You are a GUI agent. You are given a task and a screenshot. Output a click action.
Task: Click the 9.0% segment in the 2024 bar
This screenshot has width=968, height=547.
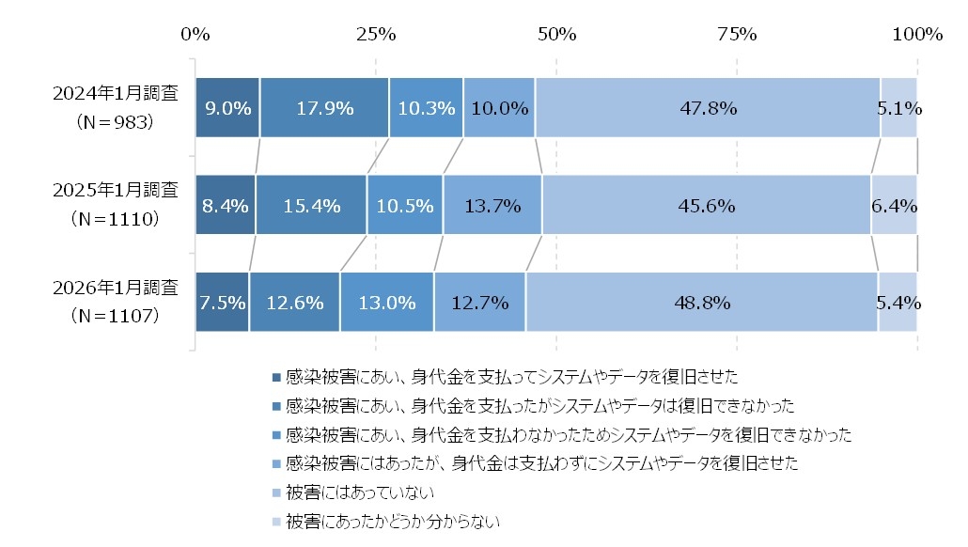pyautogui.click(x=227, y=108)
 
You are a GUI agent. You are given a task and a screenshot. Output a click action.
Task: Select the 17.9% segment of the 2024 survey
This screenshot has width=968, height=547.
pyautogui.click(x=324, y=108)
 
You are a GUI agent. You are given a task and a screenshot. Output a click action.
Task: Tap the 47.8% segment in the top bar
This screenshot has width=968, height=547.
pyautogui.click(x=707, y=108)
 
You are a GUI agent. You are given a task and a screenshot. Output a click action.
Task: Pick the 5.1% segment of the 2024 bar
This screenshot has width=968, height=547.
pyautogui.click(x=898, y=108)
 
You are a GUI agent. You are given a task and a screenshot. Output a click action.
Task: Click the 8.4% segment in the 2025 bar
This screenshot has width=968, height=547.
pyautogui.click(x=226, y=205)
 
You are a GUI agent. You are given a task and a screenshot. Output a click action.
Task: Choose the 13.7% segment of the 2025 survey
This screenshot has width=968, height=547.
pyautogui.click(x=492, y=205)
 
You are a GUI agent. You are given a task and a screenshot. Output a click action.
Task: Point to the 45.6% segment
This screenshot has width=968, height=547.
pyautogui.click(x=706, y=205)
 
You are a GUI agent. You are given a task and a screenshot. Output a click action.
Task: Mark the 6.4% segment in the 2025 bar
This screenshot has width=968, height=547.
pyautogui.click(x=894, y=205)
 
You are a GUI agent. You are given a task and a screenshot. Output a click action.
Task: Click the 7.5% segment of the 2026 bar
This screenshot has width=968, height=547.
pyautogui.click(x=222, y=303)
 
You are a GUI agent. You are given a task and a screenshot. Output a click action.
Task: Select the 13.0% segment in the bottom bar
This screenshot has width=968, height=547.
pyautogui.click(x=386, y=303)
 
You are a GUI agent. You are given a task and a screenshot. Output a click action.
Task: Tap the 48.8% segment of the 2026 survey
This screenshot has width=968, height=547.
pyautogui.click(x=701, y=303)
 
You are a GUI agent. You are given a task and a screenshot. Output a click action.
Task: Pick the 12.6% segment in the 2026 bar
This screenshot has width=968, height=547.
pyautogui.click(x=294, y=303)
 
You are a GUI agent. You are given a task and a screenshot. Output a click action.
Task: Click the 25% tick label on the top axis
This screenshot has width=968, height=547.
pyautogui.click(x=376, y=35)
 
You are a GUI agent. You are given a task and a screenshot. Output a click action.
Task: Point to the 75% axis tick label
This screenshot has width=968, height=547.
pyautogui.click(x=737, y=35)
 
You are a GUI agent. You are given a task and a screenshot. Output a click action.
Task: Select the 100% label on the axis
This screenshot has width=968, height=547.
pyautogui.click(x=916, y=35)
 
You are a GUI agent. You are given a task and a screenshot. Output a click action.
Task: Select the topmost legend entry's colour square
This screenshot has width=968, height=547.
pyautogui.click(x=275, y=377)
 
